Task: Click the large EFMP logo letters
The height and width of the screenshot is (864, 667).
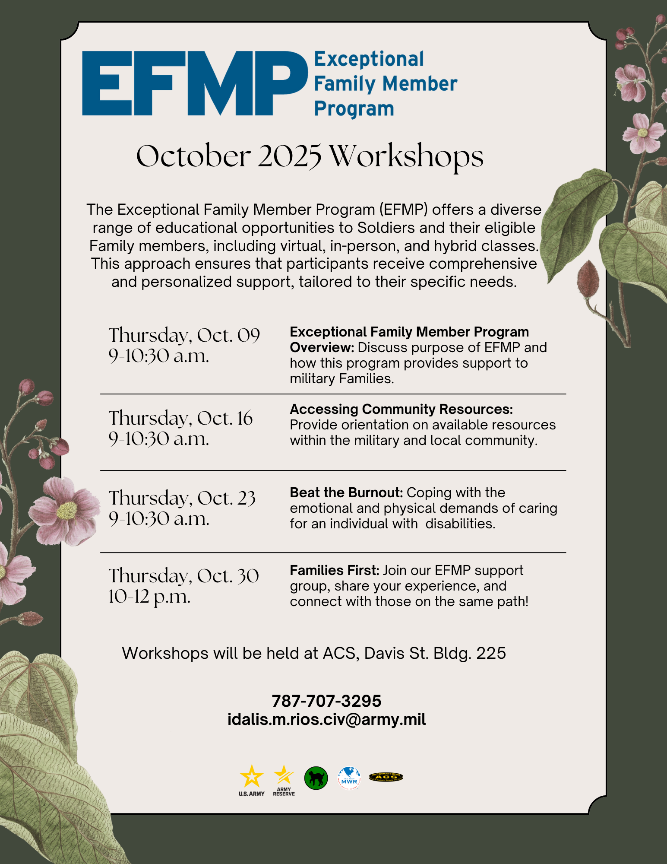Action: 194,83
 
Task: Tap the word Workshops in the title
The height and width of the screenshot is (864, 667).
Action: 406,157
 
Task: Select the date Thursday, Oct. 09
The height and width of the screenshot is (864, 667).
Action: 184,336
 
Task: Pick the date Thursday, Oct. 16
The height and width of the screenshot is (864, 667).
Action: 180,418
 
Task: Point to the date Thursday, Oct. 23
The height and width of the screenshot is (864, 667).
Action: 182,498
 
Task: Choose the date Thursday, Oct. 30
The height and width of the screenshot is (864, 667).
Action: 183,576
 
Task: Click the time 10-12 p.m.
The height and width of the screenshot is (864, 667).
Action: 149,597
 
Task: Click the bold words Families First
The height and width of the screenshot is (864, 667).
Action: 334,570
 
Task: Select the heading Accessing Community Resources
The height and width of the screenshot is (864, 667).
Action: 401,409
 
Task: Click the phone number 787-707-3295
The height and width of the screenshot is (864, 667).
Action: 326,701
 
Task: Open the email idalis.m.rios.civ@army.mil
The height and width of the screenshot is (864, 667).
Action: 326,720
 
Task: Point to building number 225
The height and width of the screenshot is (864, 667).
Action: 491,653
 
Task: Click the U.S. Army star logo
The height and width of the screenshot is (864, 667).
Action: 252,778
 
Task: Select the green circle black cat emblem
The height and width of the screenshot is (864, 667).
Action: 316,778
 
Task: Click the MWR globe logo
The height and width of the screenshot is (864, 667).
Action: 349,778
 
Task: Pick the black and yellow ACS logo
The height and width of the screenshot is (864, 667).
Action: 386,777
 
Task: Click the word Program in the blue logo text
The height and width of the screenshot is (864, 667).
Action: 354,109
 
